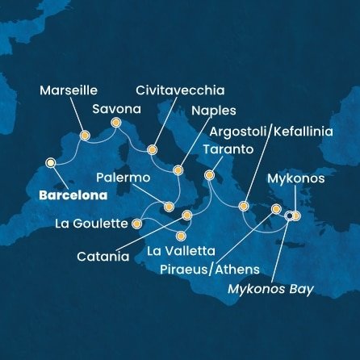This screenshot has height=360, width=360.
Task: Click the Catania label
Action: tap(103, 257)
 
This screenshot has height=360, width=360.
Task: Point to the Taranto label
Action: tap(229, 150)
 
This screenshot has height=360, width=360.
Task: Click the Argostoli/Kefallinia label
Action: tap(270, 132)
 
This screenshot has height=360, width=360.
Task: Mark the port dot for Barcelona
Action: tap(51, 163)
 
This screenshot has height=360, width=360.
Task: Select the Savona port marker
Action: tap(115, 123)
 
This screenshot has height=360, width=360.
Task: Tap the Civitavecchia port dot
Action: tap(153, 149)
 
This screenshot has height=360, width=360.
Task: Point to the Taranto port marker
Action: tap(209, 174)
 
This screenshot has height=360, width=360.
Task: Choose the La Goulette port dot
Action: tap(136, 223)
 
